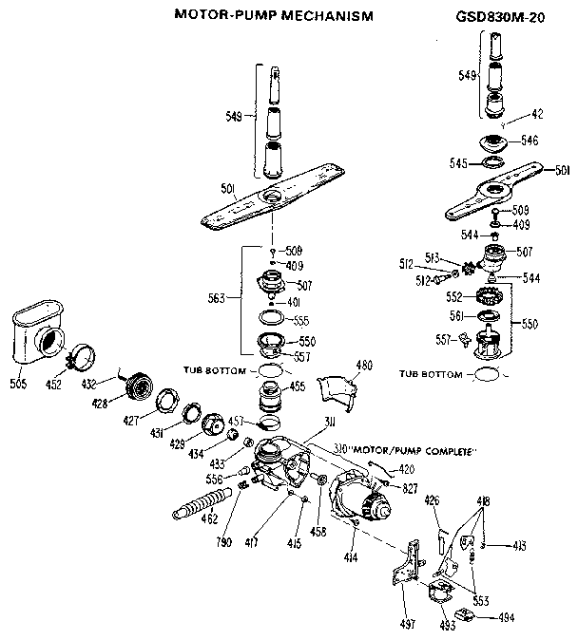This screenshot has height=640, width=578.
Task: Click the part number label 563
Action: (217, 298)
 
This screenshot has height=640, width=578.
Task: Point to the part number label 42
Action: (537, 114)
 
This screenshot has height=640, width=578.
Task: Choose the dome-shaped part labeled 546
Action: (494, 145)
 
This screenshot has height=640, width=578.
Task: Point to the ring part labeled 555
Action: (272, 319)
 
